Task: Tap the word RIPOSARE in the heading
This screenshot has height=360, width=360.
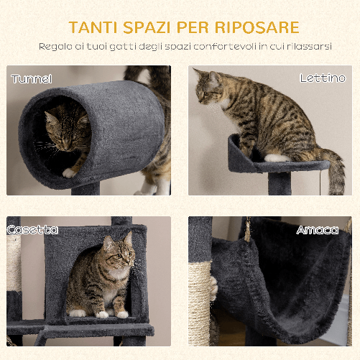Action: tap(256, 28)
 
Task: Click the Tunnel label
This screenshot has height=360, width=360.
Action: tap(32, 78)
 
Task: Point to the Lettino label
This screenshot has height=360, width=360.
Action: tap(323, 78)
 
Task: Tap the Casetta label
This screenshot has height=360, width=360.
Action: tap(32, 230)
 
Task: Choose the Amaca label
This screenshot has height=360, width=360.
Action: tap(317, 230)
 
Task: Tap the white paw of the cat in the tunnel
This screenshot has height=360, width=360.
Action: tap(69, 172)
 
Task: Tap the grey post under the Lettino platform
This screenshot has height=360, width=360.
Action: tap(280, 183)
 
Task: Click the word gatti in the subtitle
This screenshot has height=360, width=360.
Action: tap(127, 47)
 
